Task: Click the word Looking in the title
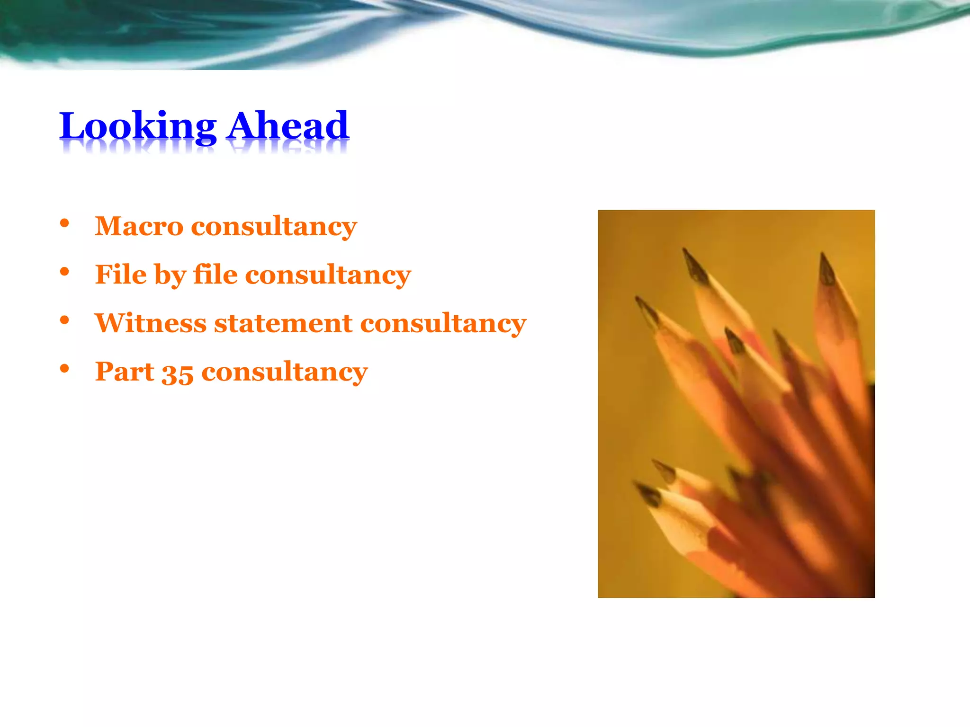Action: tap(137, 126)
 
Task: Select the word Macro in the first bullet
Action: tap(139, 226)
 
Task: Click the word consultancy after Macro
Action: tap(274, 227)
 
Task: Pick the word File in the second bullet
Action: tap(121, 275)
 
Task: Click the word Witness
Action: tap(151, 323)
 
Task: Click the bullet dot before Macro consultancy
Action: tap(65, 223)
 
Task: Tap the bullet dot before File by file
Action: tap(65, 272)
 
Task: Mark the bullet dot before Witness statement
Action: tap(65, 320)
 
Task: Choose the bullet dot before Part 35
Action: tap(65, 369)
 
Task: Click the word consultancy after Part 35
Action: tap(285, 372)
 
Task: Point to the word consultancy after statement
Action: tap(443, 324)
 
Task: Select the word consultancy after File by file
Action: tap(328, 275)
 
